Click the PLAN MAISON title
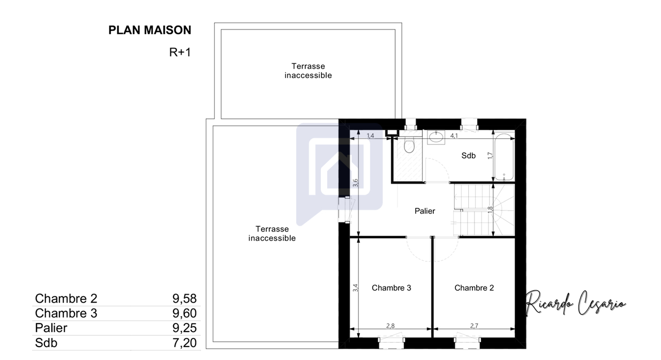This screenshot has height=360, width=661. [149, 30]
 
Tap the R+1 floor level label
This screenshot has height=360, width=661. [180, 52]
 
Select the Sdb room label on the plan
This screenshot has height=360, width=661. [468, 155]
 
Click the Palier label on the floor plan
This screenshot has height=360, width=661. [425, 211]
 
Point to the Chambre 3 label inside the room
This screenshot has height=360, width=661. [391, 288]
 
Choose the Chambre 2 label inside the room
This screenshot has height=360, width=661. [474, 288]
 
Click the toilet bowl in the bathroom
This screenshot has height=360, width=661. [409, 145]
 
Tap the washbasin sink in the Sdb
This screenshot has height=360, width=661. [436, 137]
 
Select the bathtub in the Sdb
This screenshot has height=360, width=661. [504, 157]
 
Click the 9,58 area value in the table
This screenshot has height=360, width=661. [184, 298]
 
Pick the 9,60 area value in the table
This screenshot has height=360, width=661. [184, 313]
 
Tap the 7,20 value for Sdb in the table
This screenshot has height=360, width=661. [184, 343]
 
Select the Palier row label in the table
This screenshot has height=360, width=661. [51, 328]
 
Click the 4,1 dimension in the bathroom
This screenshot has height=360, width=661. [454, 136]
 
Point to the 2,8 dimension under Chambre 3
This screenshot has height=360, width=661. [390, 326]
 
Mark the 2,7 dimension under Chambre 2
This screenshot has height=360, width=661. [474, 326]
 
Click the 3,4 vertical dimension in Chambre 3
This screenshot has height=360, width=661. [355, 288]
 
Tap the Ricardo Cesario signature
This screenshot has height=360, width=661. [575, 303]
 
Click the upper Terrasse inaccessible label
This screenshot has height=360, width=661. [308, 71]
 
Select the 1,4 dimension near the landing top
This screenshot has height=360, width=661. [370, 136]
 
